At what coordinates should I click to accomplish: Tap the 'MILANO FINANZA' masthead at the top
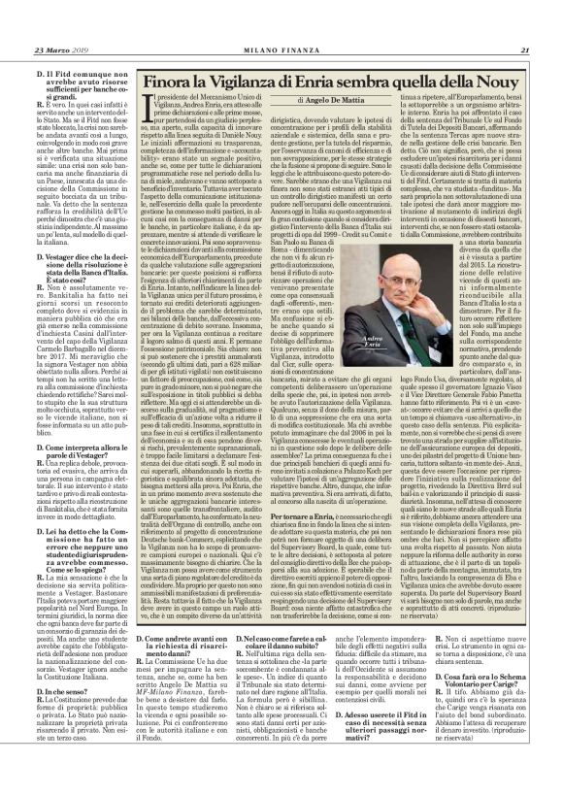click(281, 24)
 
